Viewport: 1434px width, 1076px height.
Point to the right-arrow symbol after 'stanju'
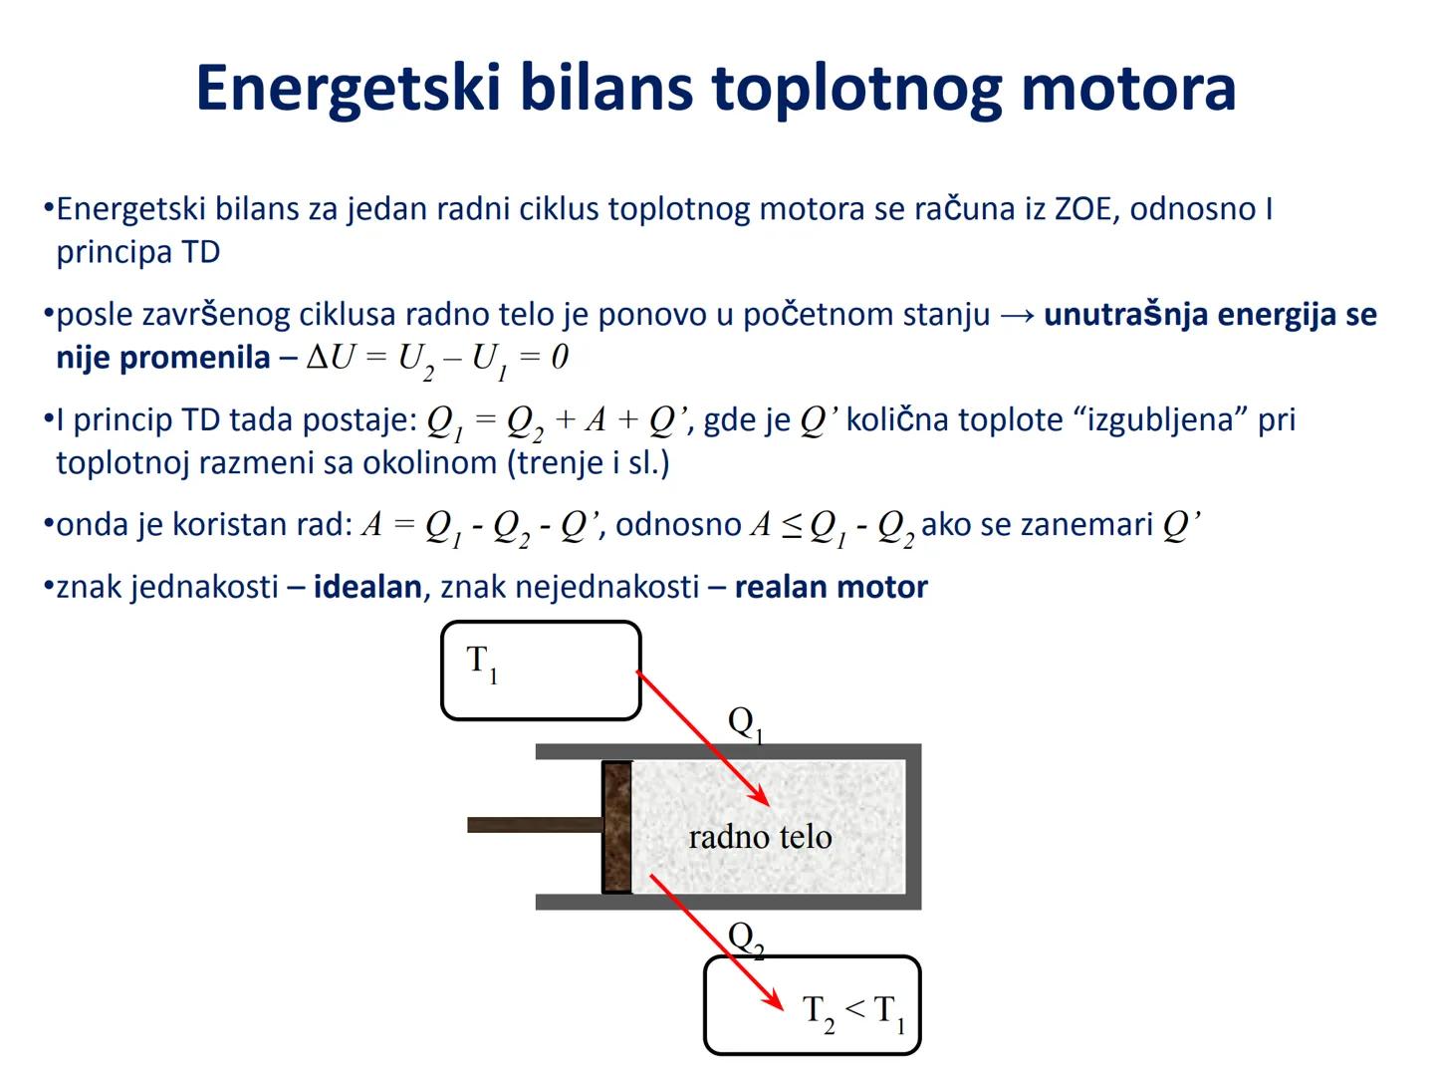[x=1017, y=315]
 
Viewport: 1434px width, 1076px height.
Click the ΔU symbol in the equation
[x=330, y=358]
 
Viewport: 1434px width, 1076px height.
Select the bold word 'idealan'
[x=367, y=587]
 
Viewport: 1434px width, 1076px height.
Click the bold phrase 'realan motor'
[x=831, y=587]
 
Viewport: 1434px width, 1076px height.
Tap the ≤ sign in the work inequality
[x=792, y=525]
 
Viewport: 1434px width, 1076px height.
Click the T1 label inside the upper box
[x=482, y=663]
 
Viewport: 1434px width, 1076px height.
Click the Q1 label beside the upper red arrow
[x=745, y=722]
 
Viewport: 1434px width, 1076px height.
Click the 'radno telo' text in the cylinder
[x=760, y=837]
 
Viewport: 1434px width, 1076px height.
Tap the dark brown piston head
[x=616, y=827]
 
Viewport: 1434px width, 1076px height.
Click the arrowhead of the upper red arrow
[x=761, y=797]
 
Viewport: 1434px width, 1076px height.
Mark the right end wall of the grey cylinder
[x=913, y=827]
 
